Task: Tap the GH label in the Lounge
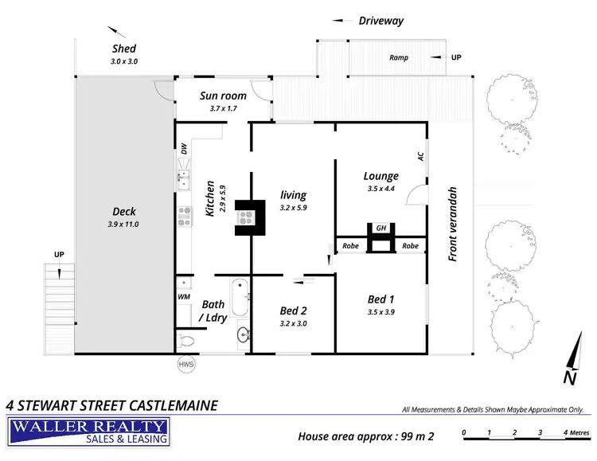coord(381,228)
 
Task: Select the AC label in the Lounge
coord(419,156)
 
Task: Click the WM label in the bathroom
coord(183,297)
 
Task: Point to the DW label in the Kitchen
coord(184,149)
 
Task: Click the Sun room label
coord(223,96)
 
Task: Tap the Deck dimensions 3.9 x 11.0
coord(123,225)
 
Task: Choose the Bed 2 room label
coord(294,311)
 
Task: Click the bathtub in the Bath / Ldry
coord(240,297)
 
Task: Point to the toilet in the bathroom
coord(188,340)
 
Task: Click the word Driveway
coord(380,21)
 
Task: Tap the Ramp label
coord(399,58)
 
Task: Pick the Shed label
coord(124,49)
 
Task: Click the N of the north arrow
coord(569,376)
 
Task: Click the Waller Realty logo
coord(89,431)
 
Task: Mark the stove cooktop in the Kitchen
coord(184,214)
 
